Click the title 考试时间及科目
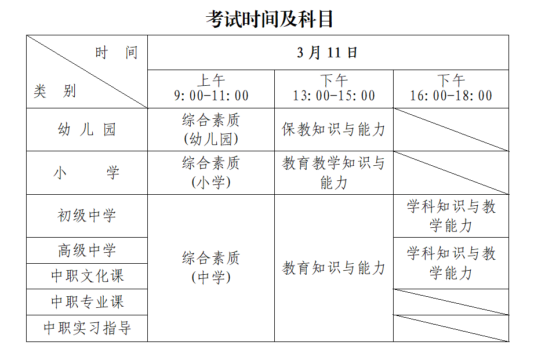point(270,19)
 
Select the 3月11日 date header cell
point(328,53)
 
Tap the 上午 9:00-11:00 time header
point(211,89)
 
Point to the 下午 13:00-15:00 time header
point(334,89)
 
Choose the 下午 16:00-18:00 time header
point(451,89)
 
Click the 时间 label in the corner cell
point(117,53)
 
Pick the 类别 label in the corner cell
point(55,91)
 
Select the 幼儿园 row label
point(87,130)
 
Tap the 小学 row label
point(86,173)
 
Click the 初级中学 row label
point(87,216)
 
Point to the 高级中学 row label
point(87,250)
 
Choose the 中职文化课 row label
point(87,277)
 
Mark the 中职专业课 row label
point(87,302)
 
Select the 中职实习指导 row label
point(87,328)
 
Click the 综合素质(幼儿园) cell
point(211,130)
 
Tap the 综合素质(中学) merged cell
point(211,268)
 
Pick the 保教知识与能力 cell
point(334,130)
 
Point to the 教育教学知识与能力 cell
point(334,173)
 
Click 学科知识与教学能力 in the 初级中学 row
point(451,216)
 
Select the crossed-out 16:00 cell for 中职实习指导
point(451,328)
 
